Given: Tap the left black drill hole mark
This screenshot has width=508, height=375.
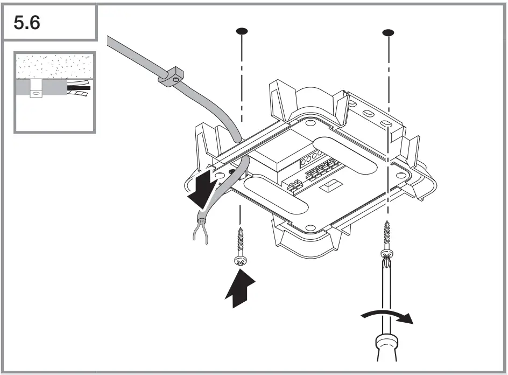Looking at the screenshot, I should tap(242, 31).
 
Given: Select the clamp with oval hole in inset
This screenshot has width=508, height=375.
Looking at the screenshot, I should tap(36, 89).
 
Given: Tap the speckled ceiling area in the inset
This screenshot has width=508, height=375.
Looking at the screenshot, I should tap(54, 66).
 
